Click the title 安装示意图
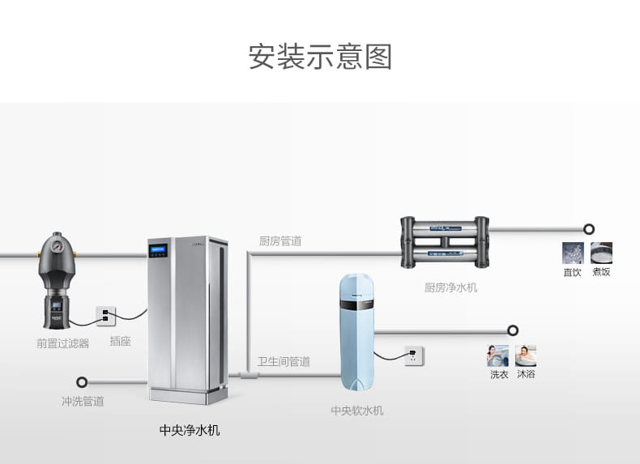[320, 57]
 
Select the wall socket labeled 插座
[106, 314]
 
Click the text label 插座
[120, 342]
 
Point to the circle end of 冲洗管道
[82, 382]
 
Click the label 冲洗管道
[83, 402]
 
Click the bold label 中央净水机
[189, 430]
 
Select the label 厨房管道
[280, 241]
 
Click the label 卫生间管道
[284, 362]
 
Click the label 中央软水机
[357, 411]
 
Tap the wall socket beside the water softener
[414, 355]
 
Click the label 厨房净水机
[450, 287]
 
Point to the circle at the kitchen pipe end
[589, 229]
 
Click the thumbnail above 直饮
[573, 253]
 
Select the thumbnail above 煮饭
[601, 253]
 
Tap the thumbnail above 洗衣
[498, 355]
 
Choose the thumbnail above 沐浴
[526, 355]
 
